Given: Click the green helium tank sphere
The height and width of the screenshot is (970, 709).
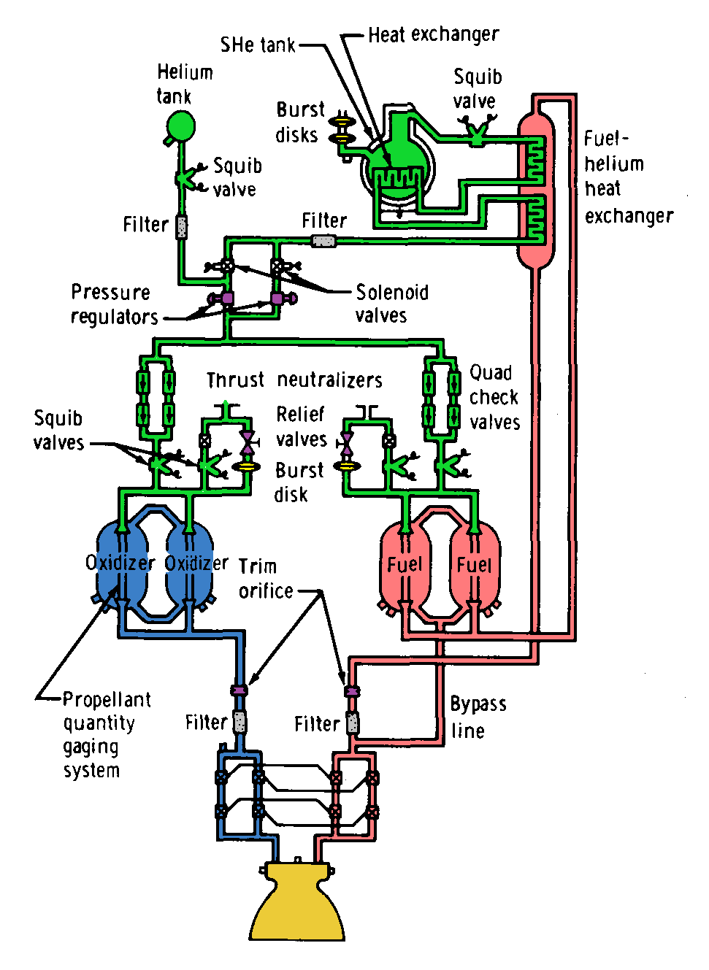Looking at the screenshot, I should pyautogui.click(x=180, y=126).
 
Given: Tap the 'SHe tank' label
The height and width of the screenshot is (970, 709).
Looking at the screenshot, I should pyautogui.click(x=258, y=45).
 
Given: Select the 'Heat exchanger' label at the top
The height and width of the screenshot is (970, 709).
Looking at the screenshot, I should pyautogui.click(x=433, y=34).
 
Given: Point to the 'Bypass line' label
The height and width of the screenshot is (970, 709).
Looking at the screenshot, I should pyautogui.click(x=478, y=717).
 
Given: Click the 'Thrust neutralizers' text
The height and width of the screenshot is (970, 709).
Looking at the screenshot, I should pyautogui.click(x=294, y=380).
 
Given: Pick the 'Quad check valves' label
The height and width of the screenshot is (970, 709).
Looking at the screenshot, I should pyautogui.click(x=494, y=398).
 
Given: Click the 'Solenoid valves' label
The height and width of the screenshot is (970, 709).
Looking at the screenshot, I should pyautogui.click(x=391, y=304).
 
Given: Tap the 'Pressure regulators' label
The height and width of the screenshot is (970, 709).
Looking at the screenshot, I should pyautogui.click(x=114, y=304).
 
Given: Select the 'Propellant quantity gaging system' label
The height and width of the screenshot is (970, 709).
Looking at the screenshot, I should pyautogui.click(x=102, y=734).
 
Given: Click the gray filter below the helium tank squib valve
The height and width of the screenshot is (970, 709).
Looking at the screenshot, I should pyautogui.click(x=181, y=226).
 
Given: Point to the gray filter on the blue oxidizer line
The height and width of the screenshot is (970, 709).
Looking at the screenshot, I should pyautogui.click(x=239, y=721).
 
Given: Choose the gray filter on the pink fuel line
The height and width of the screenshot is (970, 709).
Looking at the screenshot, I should pyautogui.click(x=353, y=723).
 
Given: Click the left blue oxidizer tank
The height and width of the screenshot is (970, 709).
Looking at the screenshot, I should pyautogui.click(x=119, y=564).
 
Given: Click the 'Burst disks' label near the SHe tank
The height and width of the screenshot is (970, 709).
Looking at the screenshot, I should pyautogui.click(x=299, y=122).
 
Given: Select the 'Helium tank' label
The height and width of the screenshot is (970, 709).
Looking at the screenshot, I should pyautogui.click(x=184, y=84).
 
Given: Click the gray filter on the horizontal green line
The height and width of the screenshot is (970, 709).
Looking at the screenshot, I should pyautogui.click(x=323, y=241).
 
